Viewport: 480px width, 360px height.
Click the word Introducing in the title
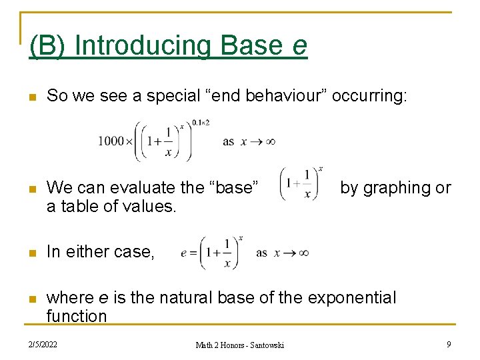tap(143, 45)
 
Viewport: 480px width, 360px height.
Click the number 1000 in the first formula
tap(111, 141)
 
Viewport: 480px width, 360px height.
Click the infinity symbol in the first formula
tap(269, 141)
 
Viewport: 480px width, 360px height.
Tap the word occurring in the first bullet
tap(379, 96)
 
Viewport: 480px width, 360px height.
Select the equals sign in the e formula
tap(193, 253)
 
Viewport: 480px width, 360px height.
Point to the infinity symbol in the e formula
tap(303, 253)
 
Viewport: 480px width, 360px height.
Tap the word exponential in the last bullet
tap(347, 297)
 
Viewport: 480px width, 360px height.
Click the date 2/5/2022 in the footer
tap(43, 344)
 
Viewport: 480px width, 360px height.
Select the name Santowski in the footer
tap(266, 345)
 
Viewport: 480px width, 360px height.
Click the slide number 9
tap(449, 344)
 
